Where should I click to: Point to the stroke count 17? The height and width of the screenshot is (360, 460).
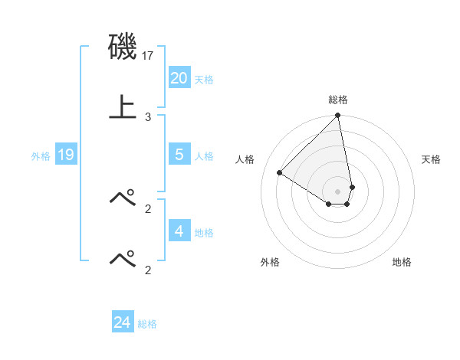[149, 56]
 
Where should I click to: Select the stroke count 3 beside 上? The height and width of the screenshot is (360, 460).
[148, 117]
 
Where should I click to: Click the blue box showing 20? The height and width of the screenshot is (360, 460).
[179, 77]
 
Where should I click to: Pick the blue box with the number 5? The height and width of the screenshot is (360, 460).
[179, 154]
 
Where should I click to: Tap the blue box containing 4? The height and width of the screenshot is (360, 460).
[179, 231]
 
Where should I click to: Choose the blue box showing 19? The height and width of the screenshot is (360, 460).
[65, 155]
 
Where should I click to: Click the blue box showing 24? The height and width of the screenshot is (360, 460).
[122, 322]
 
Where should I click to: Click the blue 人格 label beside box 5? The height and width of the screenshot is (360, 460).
[204, 156]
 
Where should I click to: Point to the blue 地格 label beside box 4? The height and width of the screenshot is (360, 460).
[204, 233]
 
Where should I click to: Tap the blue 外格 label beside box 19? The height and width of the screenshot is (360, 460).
[41, 156]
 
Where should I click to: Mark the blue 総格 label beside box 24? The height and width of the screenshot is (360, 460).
[147, 325]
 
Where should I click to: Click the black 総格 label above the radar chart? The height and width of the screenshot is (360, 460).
[338, 100]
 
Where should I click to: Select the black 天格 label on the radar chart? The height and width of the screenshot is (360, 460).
[432, 159]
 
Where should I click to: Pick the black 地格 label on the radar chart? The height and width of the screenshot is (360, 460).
[402, 262]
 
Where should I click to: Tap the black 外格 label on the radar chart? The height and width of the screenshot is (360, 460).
[270, 262]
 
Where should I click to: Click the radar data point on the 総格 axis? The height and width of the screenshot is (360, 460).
[337, 116]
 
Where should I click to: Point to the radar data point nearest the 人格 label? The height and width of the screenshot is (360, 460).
[280, 172]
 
